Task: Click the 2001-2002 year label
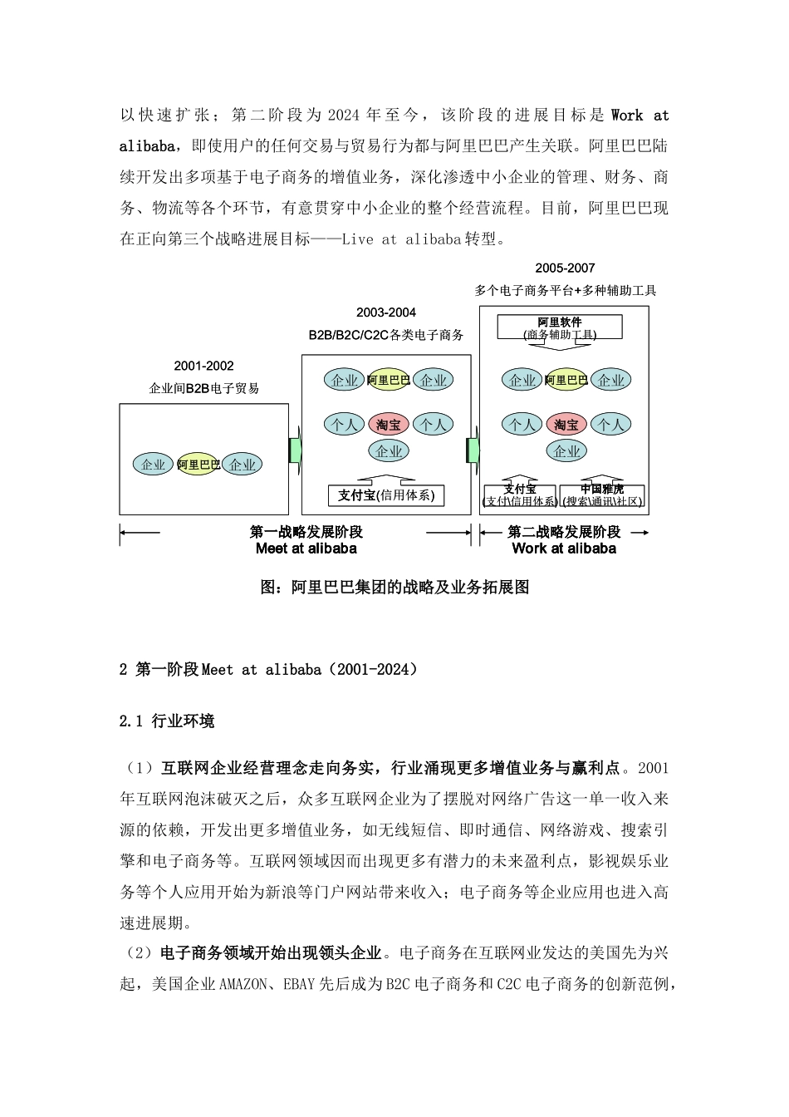203,366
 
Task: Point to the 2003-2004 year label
385,312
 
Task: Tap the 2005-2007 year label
565,268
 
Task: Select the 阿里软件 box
560,327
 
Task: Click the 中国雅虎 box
602,495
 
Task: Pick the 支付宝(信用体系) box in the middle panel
386,495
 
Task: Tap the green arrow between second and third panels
473,449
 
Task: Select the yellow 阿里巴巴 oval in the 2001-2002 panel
198,465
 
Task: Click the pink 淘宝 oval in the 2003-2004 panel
389,425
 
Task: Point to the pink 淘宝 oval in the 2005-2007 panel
566,425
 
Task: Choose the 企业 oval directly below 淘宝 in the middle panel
389,451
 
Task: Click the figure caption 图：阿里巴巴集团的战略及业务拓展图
394,587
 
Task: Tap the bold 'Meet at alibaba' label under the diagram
306,549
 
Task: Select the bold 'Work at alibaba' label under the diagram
564,549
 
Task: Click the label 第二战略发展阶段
564,532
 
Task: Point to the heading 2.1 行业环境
167,721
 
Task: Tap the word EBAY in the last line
298,984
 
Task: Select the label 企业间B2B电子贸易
203,388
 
